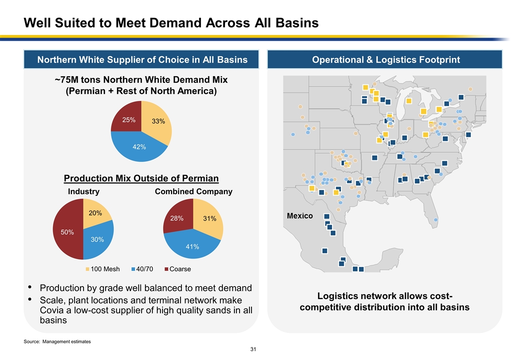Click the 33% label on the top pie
(x=158, y=121)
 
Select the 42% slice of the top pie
(x=139, y=146)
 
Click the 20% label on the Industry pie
(x=95, y=213)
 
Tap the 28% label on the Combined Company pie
(x=177, y=218)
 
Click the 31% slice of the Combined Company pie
(x=209, y=218)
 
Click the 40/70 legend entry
(x=142, y=269)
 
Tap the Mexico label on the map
(x=299, y=216)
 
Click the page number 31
(x=253, y=349)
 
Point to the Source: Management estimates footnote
(x=57, y=341)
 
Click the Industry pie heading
(x=83, y=191)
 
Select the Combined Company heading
(x=193, y=191)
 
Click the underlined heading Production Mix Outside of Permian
(x=141, y=178)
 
